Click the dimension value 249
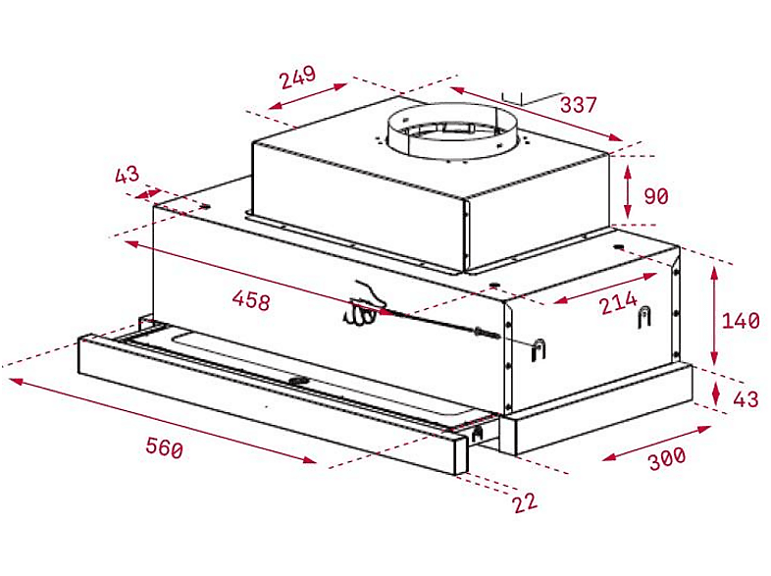(298, 77)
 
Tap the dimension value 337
(579, 105)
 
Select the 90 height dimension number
(656, 196)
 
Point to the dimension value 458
(251, 299)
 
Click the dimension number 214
(619, 302)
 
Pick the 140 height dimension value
(741, 321)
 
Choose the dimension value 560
(164, 447)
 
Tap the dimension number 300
(667, 458)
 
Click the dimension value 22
(525, 502)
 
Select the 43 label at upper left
(127, 174)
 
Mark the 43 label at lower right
(745, 399)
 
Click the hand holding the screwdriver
(363, 305)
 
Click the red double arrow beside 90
(628, 191)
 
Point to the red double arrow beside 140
(714, 315)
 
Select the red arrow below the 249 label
(308, 96)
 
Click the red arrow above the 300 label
(656, 444)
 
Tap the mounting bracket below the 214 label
(644, 316)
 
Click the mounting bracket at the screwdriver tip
(539, 350)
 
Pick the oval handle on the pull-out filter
(298, 380)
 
